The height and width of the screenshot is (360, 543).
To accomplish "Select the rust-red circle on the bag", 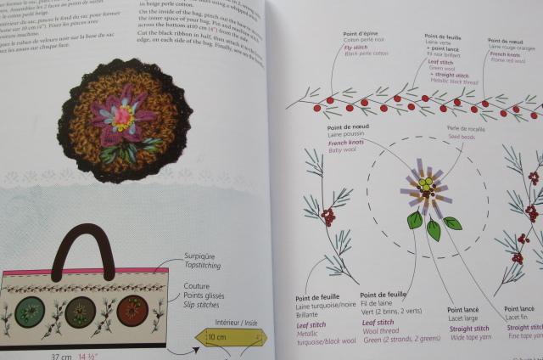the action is (x=135, y=311).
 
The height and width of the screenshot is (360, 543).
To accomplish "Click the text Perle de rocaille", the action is (x=443, y=128).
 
